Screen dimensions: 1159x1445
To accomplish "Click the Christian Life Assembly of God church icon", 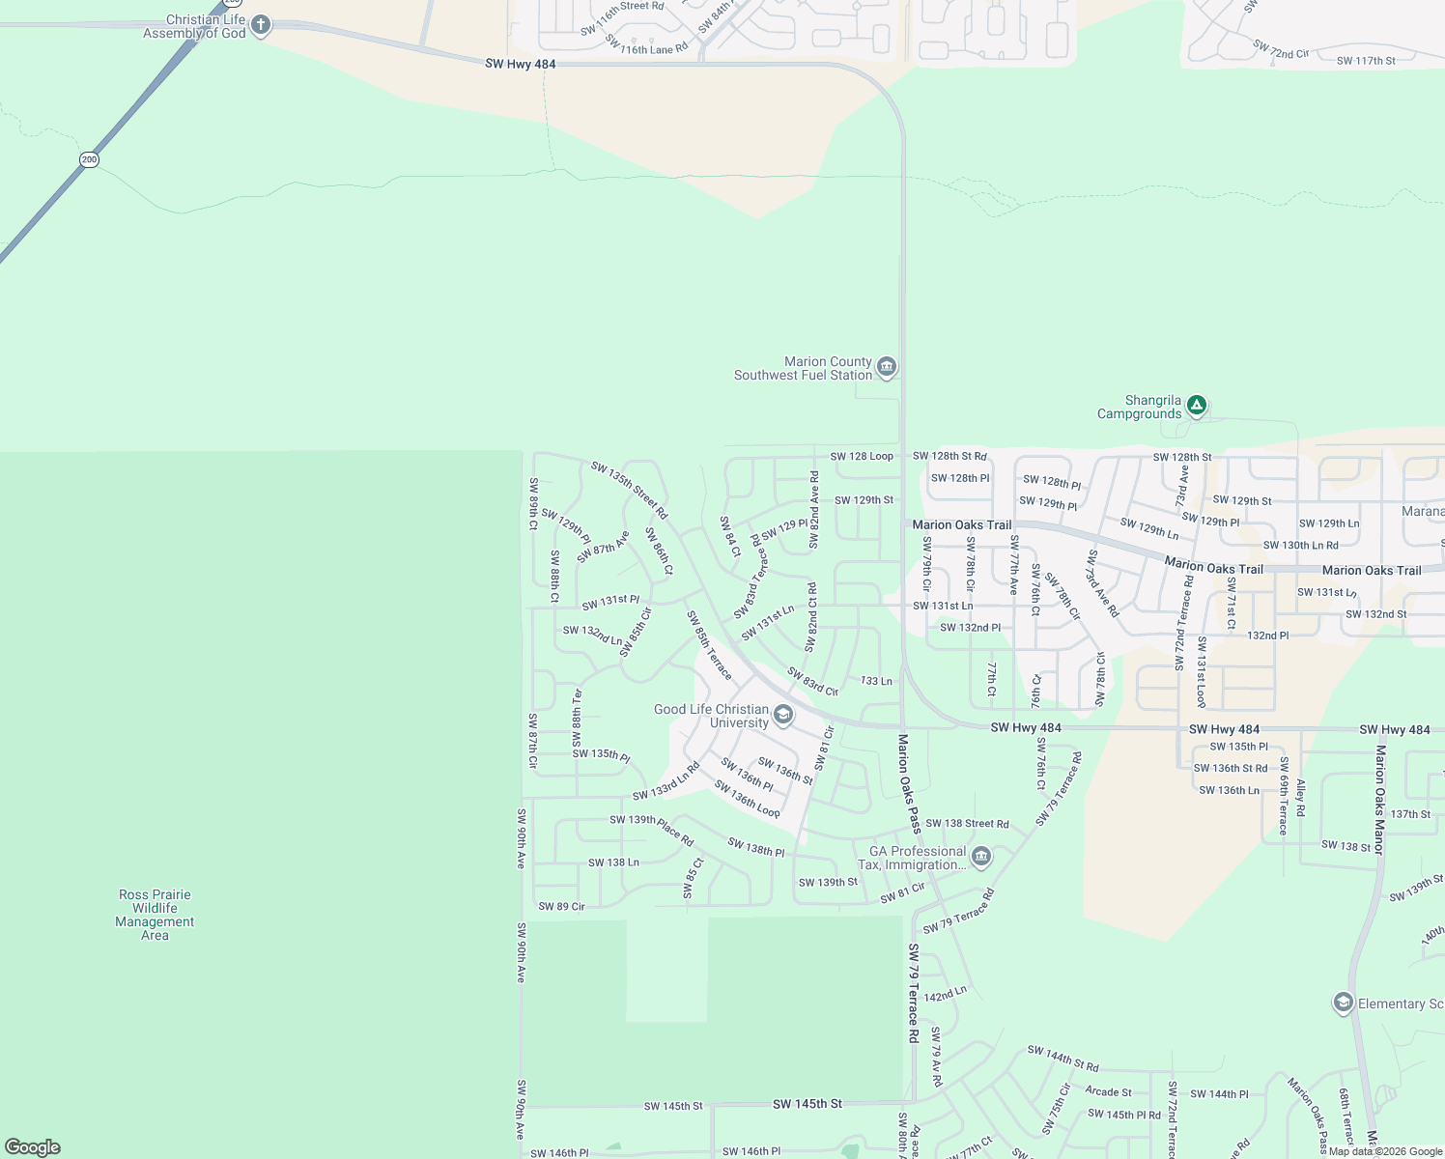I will point(261,25).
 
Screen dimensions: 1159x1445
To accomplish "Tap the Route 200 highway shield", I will point(89,159).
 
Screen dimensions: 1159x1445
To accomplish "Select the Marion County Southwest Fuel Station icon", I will point(887,368).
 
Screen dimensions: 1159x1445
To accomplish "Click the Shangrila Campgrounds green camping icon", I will point(1197,406).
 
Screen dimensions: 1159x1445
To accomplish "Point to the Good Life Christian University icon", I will point(783,716).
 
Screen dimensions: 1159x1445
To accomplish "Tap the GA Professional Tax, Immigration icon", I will point(981,857).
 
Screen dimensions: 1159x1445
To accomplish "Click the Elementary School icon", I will point(1343,1004).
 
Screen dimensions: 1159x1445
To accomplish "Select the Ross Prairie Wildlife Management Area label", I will point(155,915).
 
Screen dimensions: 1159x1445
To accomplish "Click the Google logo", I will point(32,1147).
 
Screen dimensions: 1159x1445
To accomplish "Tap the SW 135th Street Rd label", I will point(629,490).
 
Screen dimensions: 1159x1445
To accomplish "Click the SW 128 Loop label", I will point(862,456).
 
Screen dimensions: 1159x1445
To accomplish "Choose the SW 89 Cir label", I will point(561,907).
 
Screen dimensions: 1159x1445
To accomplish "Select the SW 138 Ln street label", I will point(613,862).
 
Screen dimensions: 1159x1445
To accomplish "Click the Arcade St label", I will point(1108,1092).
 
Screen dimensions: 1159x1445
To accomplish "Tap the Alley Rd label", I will point(1301,798).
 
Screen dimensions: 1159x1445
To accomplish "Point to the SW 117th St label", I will point(1366,61).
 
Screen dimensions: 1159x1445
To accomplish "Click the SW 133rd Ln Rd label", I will point(666,781).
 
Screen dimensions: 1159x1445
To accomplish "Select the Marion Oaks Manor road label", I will point(1379,800).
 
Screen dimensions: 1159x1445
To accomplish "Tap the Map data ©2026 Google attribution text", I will point(1385,1151).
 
